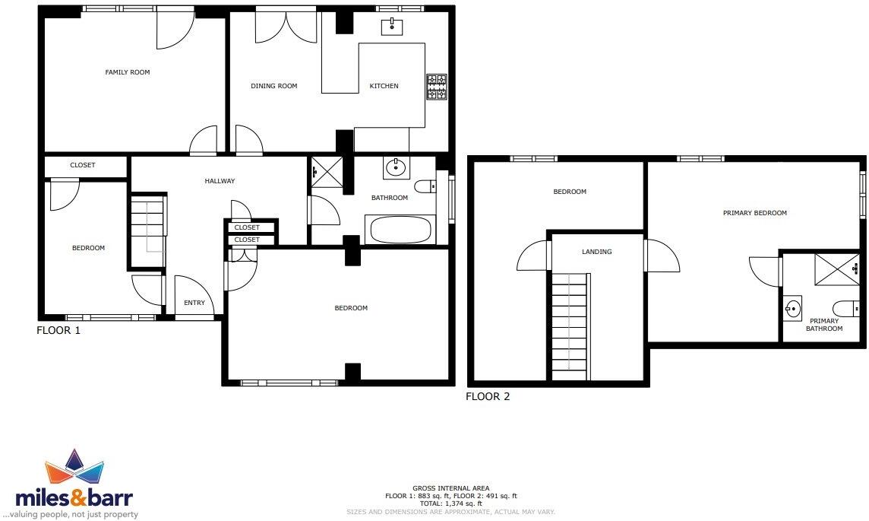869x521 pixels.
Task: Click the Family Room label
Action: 127,72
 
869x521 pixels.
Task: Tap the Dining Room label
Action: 273,86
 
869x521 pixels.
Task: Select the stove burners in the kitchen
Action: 437,87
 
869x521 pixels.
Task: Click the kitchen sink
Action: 392,27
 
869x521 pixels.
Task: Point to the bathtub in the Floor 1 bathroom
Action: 399,230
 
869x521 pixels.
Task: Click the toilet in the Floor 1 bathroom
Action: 425,186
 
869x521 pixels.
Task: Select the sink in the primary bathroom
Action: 793,310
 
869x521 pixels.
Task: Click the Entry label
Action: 194,303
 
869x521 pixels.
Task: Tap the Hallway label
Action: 220,181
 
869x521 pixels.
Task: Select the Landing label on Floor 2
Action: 596,252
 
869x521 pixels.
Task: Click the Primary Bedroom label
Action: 754,213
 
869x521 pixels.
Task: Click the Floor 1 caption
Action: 58,331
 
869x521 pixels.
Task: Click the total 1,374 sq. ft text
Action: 450,504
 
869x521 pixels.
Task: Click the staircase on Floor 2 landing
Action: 570,327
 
